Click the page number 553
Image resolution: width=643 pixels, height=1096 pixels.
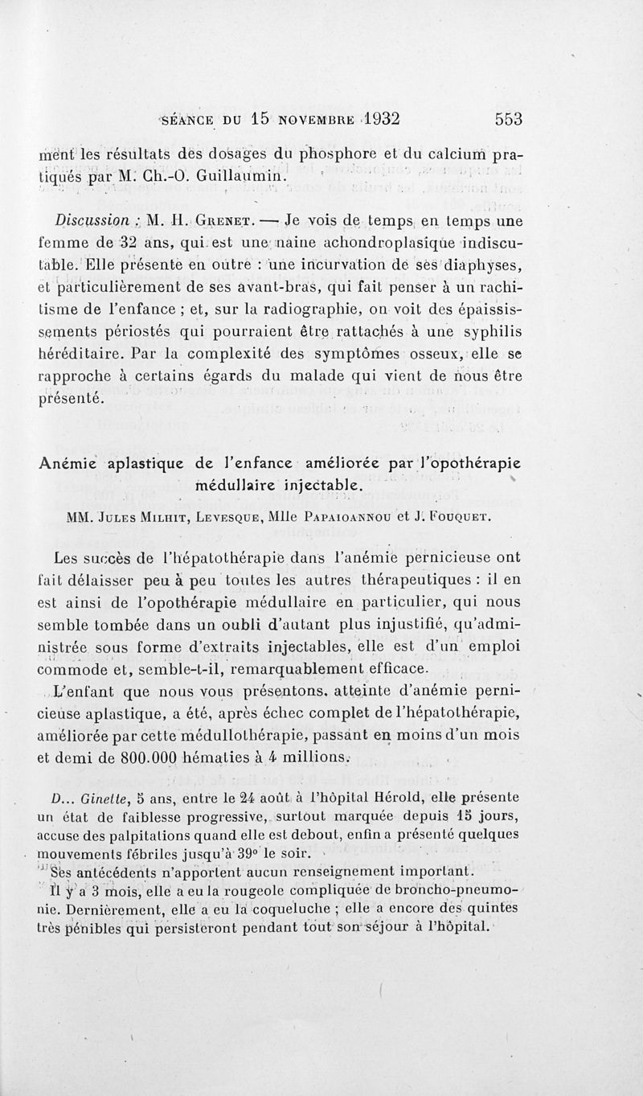click(509, 118)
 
